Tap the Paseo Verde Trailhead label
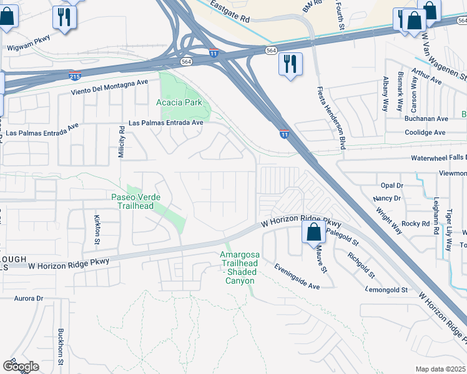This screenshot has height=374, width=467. [x=136, y=201]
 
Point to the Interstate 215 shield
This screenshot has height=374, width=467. [x=74, y=76]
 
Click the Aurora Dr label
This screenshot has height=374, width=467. [x=28, y=299]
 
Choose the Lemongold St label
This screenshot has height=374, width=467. [x=386, y=290]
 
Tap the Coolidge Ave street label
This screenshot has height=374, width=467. [x=425, y=132]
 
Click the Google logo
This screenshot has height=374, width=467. [x=21, y=367]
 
